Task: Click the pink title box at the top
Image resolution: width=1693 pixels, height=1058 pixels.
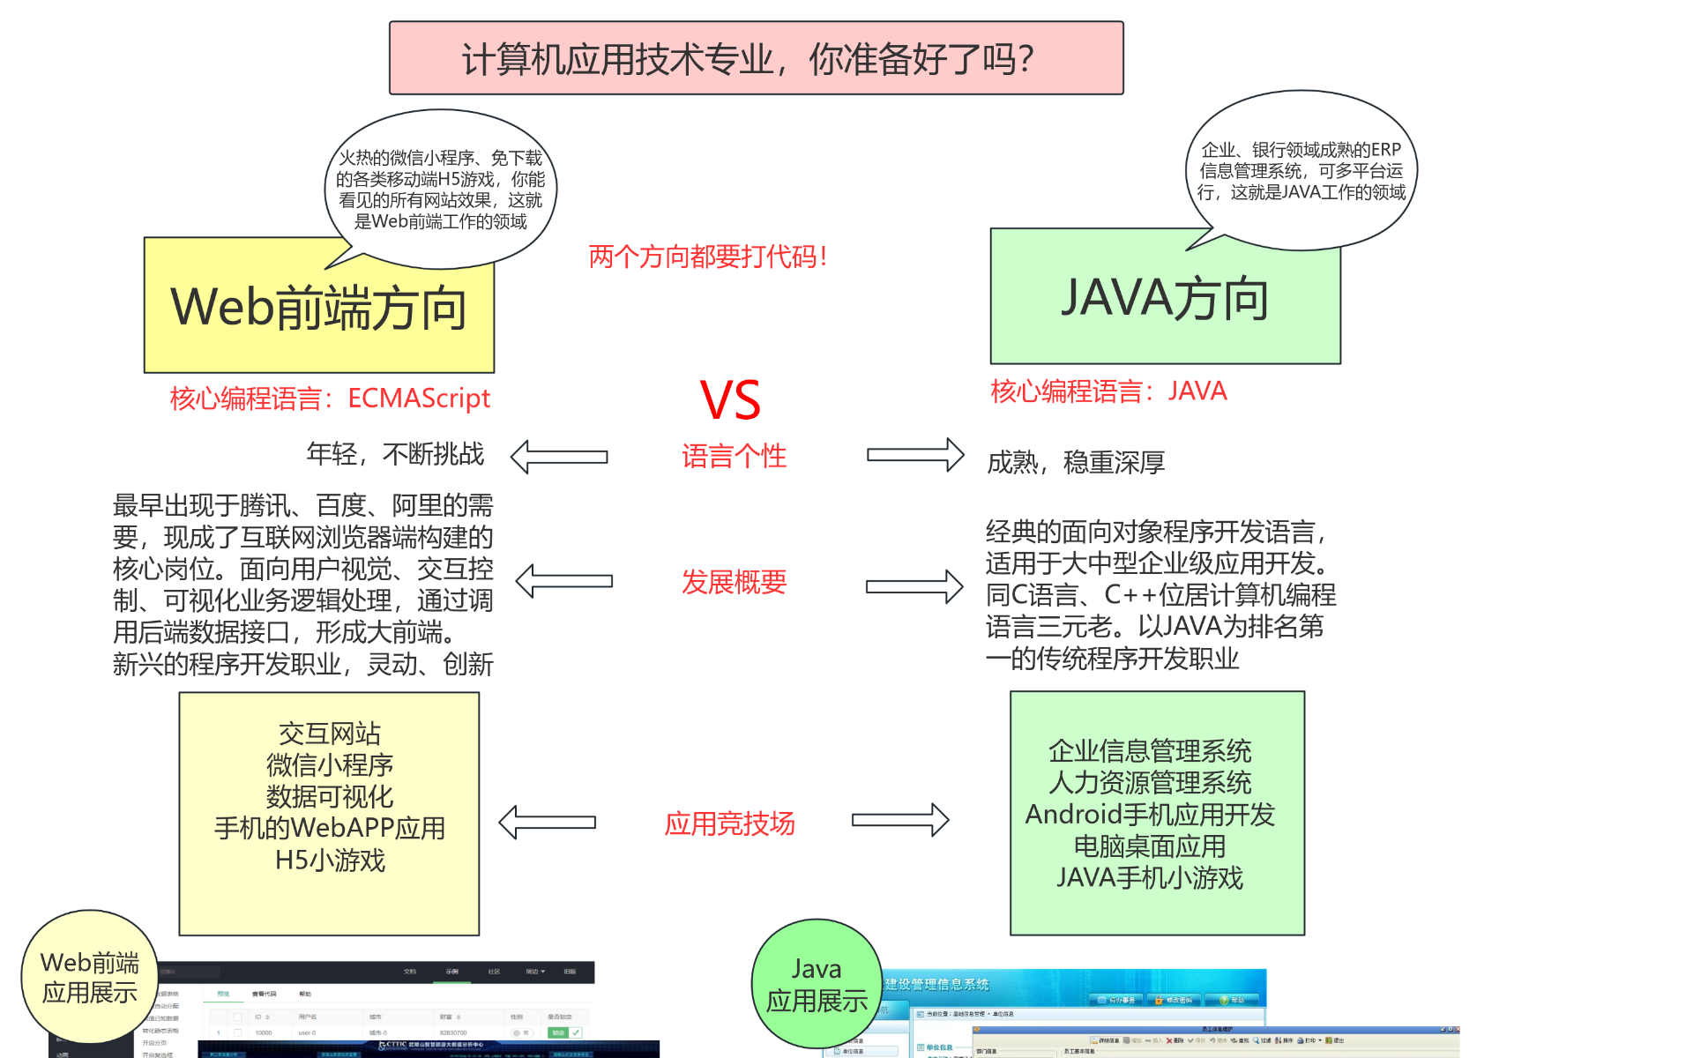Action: coord(756,58)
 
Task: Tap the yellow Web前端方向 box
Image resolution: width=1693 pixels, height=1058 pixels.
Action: coord(318,309)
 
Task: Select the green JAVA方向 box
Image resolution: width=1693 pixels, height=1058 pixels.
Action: coord(1165,300)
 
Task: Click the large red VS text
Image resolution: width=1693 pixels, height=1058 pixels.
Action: coord(730,400)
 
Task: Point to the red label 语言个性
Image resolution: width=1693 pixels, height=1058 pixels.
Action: coord(734,457)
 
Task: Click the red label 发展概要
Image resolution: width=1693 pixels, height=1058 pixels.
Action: coord(734,582)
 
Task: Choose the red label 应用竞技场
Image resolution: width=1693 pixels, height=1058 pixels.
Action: coord(729,823)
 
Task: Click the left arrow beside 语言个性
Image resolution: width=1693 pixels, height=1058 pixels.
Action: coord(559,457)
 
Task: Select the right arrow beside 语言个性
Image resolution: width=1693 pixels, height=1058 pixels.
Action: coord(915,455)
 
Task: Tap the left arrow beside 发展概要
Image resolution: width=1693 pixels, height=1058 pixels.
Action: coord(564,581)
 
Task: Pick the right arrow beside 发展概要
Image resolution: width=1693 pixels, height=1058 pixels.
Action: coord(914,586)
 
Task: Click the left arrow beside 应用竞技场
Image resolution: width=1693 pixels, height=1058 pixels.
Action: coord(548,822)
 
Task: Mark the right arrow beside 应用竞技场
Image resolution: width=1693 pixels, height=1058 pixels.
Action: coord(900,820)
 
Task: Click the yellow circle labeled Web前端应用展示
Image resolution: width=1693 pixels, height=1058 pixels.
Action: coord(89,978)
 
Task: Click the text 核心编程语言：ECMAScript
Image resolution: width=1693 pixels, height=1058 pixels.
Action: coord(330,399)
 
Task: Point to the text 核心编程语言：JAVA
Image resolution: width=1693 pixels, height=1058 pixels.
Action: coord(1108,391)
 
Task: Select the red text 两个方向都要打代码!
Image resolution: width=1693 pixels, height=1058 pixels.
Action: coord(708,257)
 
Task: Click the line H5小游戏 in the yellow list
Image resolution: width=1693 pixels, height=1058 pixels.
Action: coord(330,860)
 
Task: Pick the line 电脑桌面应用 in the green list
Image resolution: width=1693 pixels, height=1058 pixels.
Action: coord(1149,846)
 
